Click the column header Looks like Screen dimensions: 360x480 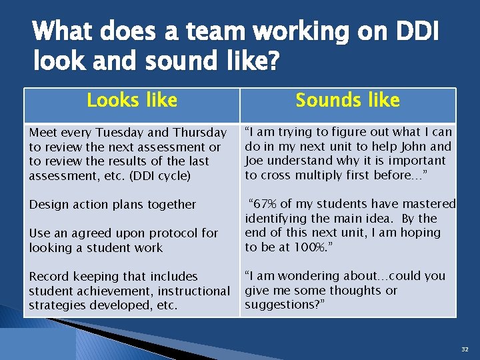[x=132, y=101]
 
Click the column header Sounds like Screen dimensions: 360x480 [x=347, y=101]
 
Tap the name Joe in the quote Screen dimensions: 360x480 [x=255, y=161]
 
